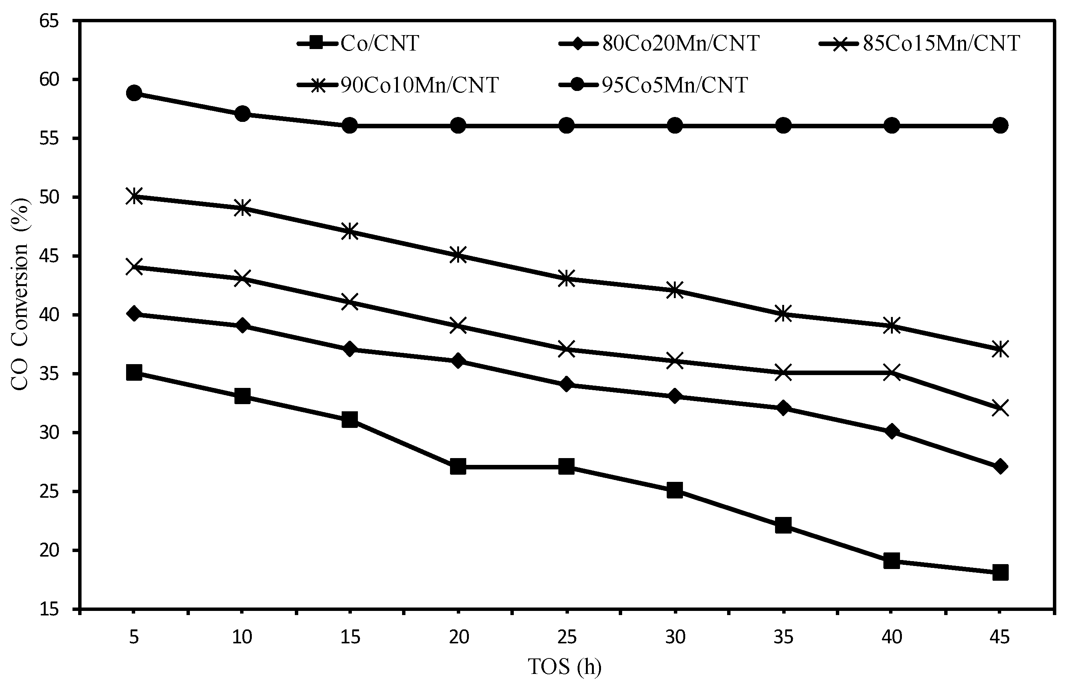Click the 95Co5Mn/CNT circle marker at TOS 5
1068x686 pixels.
coord(134,93)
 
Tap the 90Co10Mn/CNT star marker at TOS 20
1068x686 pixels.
coord(458,255)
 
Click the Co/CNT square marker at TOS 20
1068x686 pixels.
coord(458,467)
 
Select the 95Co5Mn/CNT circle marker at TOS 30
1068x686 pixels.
coord(675,126)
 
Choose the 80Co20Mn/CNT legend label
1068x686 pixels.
coord(681,44)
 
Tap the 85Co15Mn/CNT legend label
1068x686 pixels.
coord(941,44)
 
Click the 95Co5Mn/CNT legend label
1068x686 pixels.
coord(675,85)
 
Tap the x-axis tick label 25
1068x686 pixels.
coord(567,637)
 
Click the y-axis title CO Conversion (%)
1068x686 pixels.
coord(20,314)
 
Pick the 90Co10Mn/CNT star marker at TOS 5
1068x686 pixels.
coord(134,196)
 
